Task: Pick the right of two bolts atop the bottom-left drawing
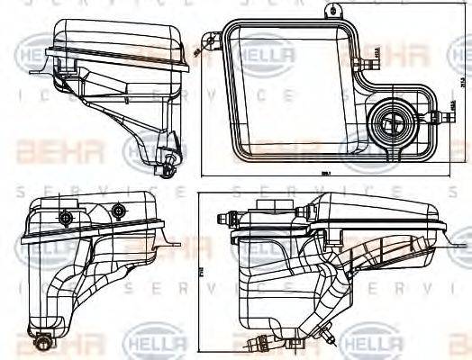click(118, 211)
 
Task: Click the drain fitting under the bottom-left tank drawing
click(42, 343)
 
